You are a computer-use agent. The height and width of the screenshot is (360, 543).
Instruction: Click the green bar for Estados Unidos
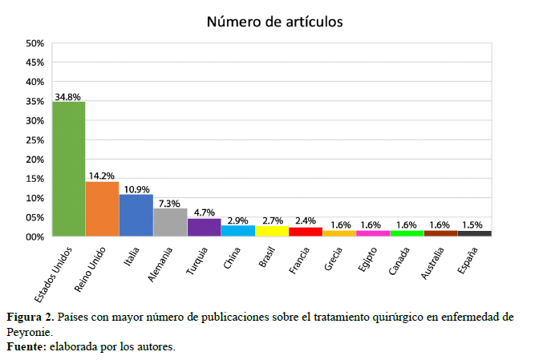(69, 169)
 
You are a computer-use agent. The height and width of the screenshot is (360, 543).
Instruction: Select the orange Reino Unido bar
(103, 209)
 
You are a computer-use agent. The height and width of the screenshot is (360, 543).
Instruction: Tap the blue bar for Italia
(136, 216)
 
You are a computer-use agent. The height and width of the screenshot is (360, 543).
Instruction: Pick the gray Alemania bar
(170, 223)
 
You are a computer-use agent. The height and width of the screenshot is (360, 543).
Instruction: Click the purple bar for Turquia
(204, 228)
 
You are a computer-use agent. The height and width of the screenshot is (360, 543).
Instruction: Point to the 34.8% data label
(67, 96)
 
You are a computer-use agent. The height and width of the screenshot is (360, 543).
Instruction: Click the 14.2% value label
(101, 176)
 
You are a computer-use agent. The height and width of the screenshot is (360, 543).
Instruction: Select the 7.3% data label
(168, 203)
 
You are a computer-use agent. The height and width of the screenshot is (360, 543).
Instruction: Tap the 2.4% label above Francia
(305, 221)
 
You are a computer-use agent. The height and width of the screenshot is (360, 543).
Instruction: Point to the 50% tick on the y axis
(34, 43)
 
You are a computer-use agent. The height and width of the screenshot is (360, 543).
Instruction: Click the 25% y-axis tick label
(34, 140)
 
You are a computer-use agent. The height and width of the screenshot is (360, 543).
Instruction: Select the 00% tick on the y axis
(34, 237)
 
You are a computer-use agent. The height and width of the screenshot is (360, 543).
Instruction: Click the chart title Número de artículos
(275, 21)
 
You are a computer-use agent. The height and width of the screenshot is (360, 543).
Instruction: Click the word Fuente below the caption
(26, 346)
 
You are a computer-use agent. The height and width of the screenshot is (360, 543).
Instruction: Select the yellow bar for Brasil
(271, 232)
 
